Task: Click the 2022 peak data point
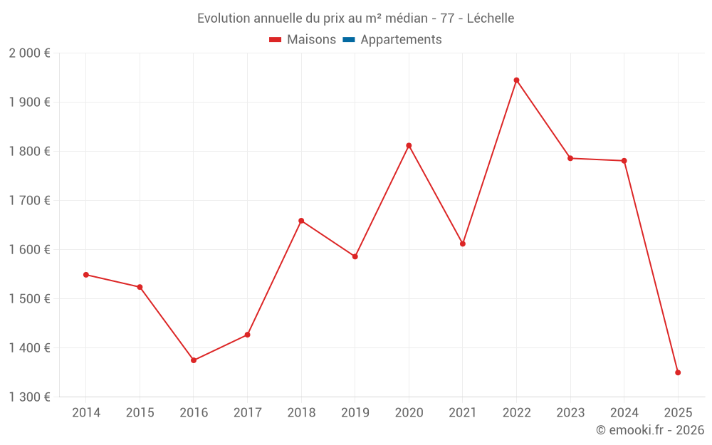(516, 80)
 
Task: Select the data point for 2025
(678, 372)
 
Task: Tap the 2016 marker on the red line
(194, 360)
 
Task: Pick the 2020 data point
(409, 145)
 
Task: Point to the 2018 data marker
(301, 221)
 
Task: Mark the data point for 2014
(86, 275)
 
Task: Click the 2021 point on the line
(463, 244)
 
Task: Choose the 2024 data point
(624, 161)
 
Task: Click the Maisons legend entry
(311, 40)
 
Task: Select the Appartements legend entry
(401, 40)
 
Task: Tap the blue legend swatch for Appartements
(349, 40)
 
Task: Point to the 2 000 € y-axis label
(29, 53)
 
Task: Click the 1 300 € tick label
(29, 397)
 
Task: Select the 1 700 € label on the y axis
(29, 201)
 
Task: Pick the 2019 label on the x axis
(355, 413)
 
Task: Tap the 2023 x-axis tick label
(570, 413)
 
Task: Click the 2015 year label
(140, 413)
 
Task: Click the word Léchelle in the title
(491, 19)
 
